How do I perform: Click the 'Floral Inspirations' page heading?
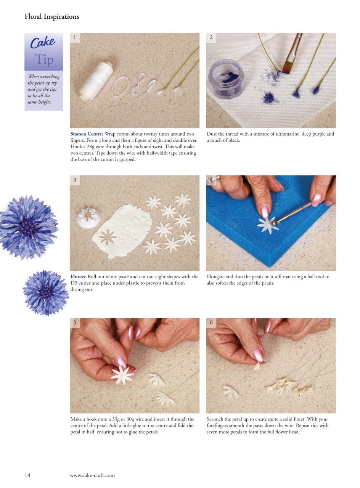click(52, 17)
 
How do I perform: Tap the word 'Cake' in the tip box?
click(43, 42)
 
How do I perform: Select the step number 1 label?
click(75, 37)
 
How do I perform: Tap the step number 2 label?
click(211, 37)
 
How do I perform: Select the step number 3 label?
click(75, 180)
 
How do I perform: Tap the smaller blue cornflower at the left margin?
click(45, 292)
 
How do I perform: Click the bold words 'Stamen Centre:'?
click(87, 134)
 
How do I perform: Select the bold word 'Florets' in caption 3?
click(77, 277)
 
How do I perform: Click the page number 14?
click(27, 475)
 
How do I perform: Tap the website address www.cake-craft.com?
click(92, 475)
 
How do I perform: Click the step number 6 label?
click(211, 323)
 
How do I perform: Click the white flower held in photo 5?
click(122, 374)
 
